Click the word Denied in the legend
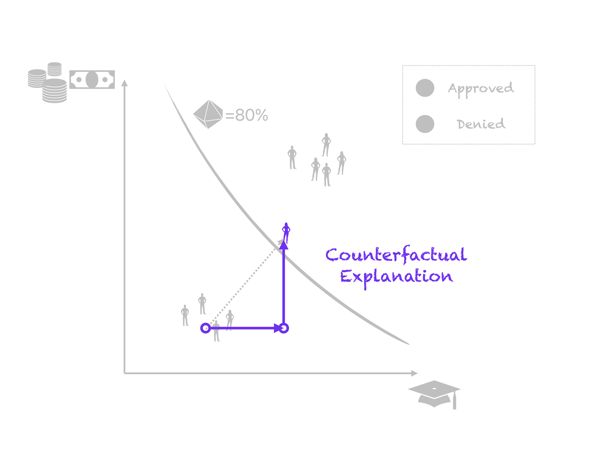click(x=481, y=124)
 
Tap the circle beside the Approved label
click(x=425, y=88)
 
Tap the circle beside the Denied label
click(x=425, y=124)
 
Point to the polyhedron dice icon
click(x=208, y=114)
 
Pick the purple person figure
click(x=286, y=232)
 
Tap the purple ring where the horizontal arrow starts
click(x=206, y=328)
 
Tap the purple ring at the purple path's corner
click(x=284, y=328)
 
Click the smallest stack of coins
click(x=55, y=69)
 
